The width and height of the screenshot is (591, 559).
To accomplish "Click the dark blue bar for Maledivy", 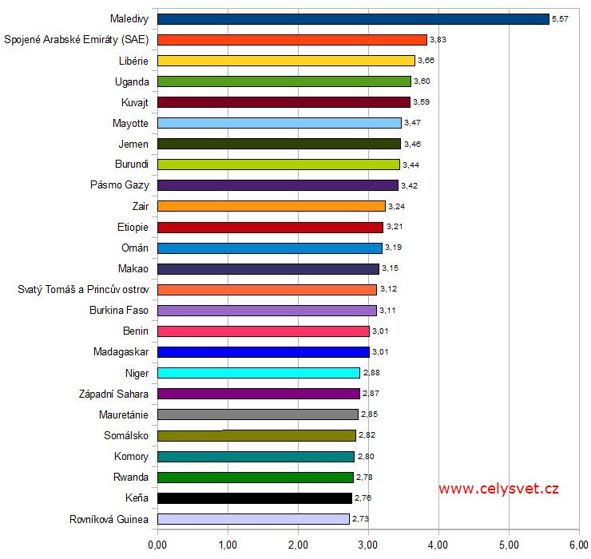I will point(353,18).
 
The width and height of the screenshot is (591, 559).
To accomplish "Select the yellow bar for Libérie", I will point(286,60).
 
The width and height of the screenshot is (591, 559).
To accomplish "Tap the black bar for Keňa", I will point(255,498).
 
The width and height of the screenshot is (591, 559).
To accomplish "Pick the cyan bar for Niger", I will point(259,373).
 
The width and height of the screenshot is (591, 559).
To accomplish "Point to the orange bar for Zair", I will point(272,206).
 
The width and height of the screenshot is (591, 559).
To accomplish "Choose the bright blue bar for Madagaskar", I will point(264,352).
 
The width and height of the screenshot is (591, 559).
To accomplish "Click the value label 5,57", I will point(561,18).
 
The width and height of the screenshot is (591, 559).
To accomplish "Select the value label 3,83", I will point(438,39).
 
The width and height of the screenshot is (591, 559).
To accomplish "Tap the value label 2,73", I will point(361,519).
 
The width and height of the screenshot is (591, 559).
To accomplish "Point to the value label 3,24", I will point(397,206).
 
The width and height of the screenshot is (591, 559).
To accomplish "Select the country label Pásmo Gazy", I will point(119,185).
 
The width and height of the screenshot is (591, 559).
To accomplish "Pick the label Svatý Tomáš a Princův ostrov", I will point(83,289).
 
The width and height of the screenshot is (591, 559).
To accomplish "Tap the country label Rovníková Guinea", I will point(109,519).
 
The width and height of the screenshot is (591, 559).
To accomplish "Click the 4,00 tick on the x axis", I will point(438,545).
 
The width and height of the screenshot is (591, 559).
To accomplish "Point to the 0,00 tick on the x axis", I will point(157,545).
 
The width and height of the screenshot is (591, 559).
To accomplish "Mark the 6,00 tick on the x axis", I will point(577,545).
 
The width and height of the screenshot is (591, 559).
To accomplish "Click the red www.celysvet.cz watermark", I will point(498,489).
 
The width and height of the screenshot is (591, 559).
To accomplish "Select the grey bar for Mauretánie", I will point(258,414).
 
